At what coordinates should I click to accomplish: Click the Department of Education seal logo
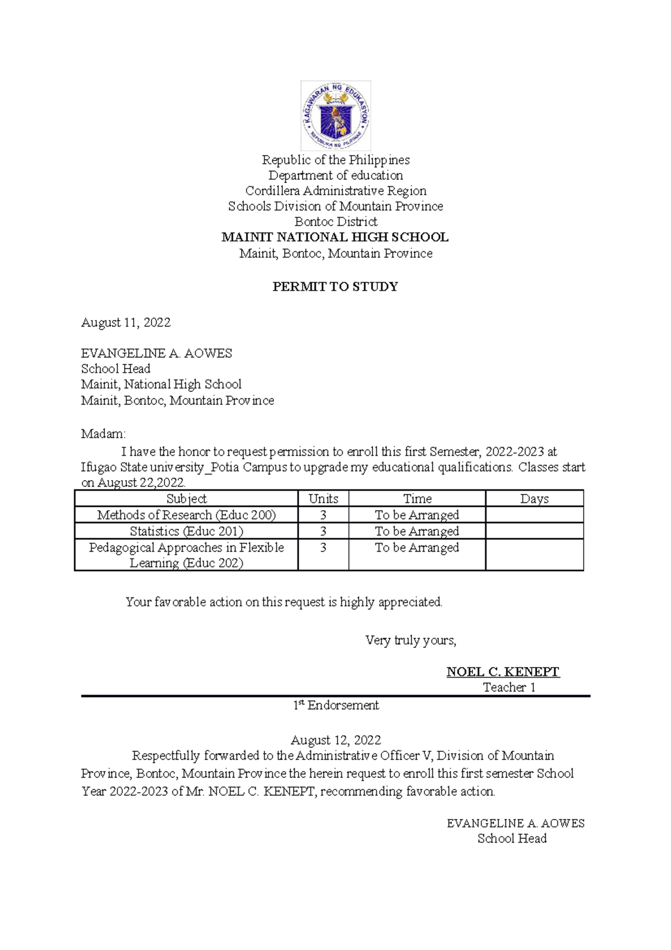click(x=335, y=115)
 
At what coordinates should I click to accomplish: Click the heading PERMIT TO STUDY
click(x=335, y=287)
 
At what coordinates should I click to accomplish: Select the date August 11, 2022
click(x=126, y=322)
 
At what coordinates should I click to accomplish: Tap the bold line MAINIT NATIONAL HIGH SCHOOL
click(x=335, y=237)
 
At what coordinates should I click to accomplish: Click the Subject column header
click(x=186, y=498)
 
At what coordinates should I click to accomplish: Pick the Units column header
click(x=323, y=498)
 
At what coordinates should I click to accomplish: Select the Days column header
click(x=534, y=498)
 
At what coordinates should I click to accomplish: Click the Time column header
click(x=417, y=498)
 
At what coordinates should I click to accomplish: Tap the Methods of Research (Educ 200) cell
click(x=186, y=515)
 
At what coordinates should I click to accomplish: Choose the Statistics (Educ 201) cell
click(x=186, y=531)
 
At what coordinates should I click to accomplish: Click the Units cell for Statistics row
click(x=323, y=531)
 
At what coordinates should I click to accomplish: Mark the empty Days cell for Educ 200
click(x=534, y=515)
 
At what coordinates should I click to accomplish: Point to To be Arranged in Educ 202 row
click(x=417, y=548)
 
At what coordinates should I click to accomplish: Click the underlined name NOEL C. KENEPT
click(x=503, y=672)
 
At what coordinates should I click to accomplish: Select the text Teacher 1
click(x=509, y=688)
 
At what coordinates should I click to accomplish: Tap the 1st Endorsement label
click(x=336, y=706)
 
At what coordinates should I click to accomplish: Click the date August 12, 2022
click(x=336, y=740)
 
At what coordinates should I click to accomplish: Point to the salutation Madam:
click(x=103, y=434)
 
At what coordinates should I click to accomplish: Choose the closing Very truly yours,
click(x=410, y=641)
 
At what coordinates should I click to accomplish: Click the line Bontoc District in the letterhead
click(x=335, y=222)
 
